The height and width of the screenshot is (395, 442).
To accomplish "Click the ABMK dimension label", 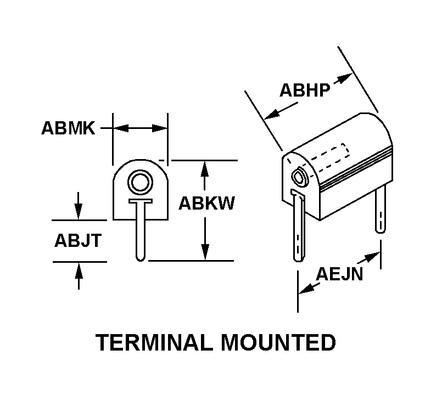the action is [68, 128].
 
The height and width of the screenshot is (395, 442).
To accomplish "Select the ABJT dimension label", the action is [78, 241].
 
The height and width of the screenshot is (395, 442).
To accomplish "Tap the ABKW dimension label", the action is [206, 203].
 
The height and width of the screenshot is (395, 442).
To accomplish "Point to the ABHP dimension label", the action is [305, 90].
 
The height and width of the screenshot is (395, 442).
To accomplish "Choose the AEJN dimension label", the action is [339, 274].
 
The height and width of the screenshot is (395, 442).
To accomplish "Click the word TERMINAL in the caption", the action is [154, 342].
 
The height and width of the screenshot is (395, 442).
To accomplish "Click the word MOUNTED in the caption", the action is [278, 342].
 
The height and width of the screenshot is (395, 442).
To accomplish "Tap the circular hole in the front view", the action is [141, 182].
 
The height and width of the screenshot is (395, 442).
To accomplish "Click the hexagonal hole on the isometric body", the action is [299, 177].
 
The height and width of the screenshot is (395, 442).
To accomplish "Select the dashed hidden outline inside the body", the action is [330, 159].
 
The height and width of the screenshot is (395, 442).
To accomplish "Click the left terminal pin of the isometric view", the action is [299, 225].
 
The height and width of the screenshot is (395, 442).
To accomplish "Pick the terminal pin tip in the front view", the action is [141, 258].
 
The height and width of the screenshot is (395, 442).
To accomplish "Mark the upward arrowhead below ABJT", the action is [79, 270].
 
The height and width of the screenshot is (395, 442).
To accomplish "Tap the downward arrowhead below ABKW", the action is [205, 252].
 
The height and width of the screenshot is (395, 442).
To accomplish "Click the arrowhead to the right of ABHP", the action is [345, 78].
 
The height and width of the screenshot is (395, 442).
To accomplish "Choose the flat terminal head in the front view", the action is [141, 201].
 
